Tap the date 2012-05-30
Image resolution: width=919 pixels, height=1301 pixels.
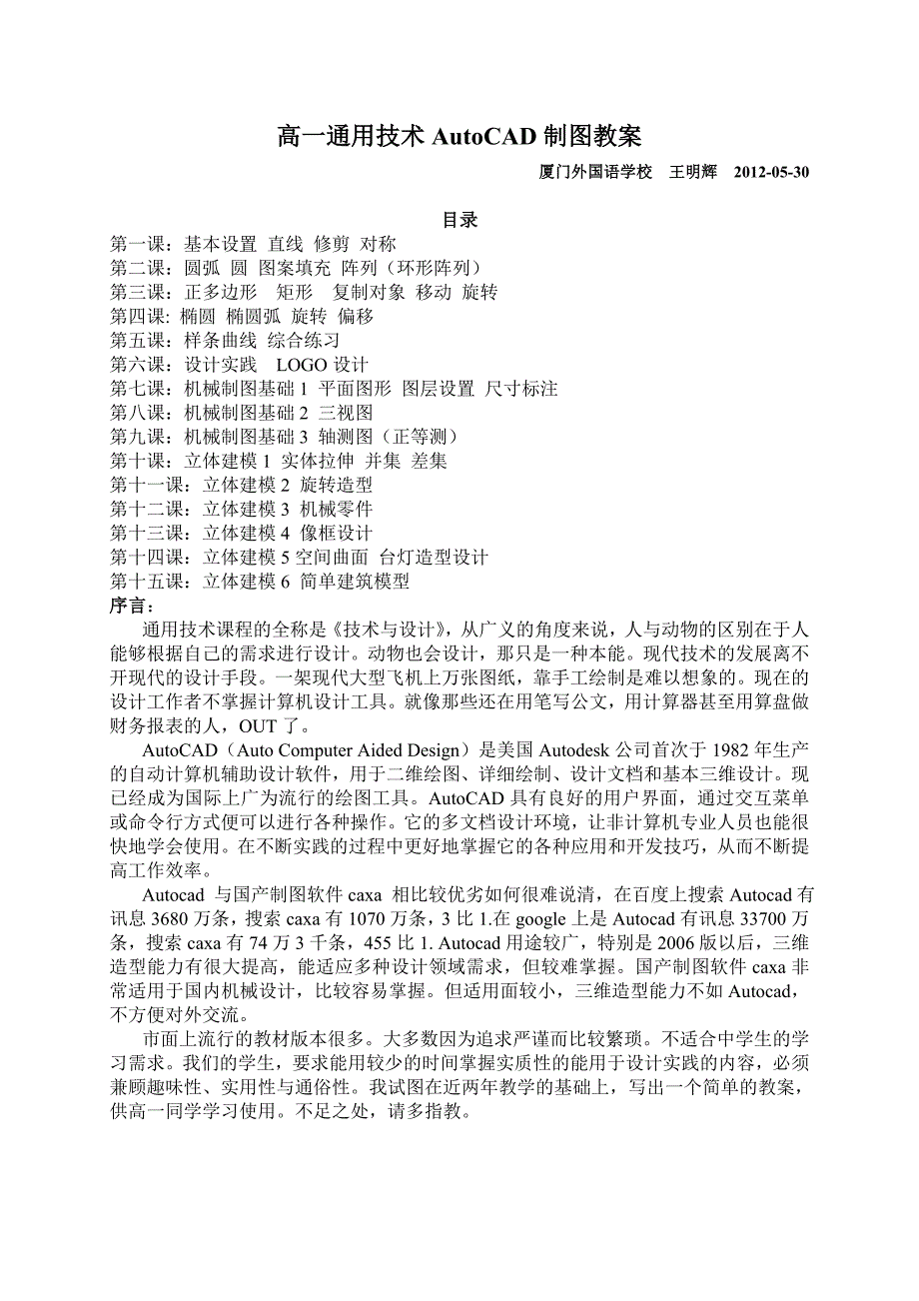(771, 172)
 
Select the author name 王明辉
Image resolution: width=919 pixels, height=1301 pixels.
(693, 172)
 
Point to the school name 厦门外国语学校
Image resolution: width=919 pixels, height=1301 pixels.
(595, 172)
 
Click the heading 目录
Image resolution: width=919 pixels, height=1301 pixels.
(460, 220)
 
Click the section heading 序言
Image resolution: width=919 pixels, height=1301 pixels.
(133, 606)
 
